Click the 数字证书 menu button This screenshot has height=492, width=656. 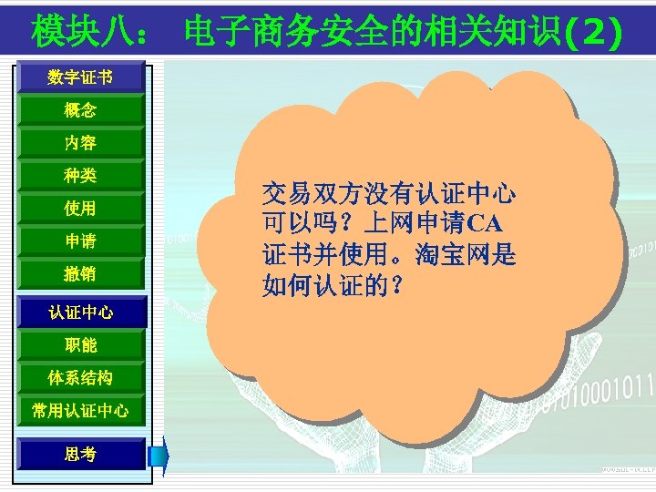point(80,77)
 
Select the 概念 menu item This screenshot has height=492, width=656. point(80,111)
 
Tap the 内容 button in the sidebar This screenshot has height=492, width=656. point(80,143)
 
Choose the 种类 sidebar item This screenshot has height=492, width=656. point(80,175)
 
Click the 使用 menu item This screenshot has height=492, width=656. point(80,209)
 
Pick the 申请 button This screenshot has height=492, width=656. point(80,241)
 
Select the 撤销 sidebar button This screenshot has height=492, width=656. point(80,273)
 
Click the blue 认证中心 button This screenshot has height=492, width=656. point(80,313)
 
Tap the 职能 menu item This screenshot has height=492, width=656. point(80,345)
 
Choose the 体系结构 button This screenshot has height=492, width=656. point(80,377)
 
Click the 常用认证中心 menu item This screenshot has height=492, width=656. point(80,411)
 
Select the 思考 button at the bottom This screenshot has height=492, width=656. point(80,454)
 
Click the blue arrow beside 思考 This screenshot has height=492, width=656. point(159,455)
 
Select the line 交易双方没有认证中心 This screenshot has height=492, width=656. point(389,193)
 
